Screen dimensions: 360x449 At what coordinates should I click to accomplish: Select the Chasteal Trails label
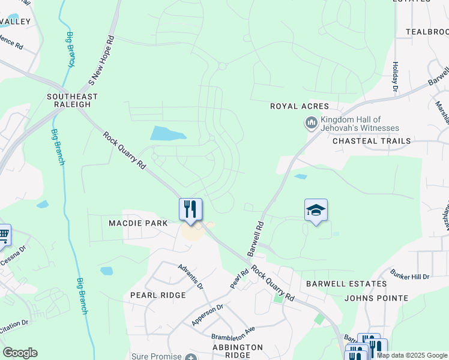pos(372,140)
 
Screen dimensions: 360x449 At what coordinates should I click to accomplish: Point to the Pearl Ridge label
pos(158,295)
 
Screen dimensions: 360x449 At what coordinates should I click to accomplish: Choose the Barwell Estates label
pos(346,283)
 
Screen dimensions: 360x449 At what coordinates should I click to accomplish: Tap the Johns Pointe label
pos(376,298)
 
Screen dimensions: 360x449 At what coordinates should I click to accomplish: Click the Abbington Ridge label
pos(238,350)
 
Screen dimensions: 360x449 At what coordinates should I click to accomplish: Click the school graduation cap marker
pos(316,211)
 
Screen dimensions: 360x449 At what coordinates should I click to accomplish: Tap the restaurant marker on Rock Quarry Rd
pos(190,209)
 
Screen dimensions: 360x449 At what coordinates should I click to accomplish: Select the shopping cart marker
pos(3,235)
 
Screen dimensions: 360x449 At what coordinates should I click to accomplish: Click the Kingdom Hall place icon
pos(311,124)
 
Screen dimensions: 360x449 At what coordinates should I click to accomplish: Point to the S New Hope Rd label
pos(101,59)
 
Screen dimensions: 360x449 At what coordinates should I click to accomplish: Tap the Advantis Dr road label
pos(191,274)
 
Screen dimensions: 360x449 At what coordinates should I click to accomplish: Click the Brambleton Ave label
pos(234,332)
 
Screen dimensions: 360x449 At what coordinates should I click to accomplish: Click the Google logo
pos(20,353)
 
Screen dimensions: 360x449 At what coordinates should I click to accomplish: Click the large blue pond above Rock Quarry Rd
pos(167,133)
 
